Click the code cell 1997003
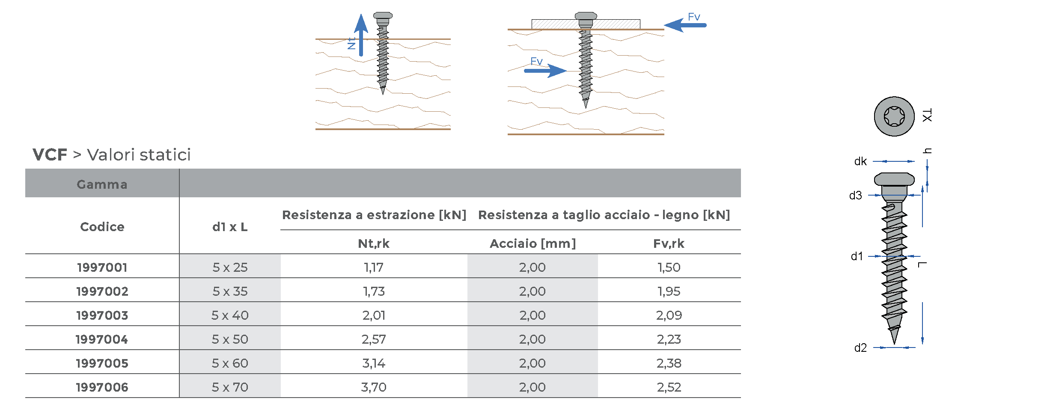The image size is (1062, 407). (102, 315)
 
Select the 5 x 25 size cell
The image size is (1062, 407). (230, 267)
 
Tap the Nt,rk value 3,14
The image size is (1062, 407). (374, 363)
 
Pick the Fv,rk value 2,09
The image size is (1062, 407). (669, 315)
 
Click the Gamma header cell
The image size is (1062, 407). (102, 184)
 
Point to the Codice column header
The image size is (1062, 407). (102, 226)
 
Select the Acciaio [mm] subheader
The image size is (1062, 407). (532, 244)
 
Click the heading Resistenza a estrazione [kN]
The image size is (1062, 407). (374, 215)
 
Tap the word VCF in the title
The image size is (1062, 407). (50, 155)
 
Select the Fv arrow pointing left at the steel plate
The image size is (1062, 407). (685, 25)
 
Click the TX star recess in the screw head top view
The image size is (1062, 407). (894, 116)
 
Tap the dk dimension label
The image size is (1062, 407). (860, 162)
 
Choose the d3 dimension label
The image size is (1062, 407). (855, 196)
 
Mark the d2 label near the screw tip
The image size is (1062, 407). (860, 348)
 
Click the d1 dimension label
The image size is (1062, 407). (857, 256)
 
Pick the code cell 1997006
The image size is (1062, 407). (102, 387)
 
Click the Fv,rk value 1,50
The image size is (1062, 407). (669, 267)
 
